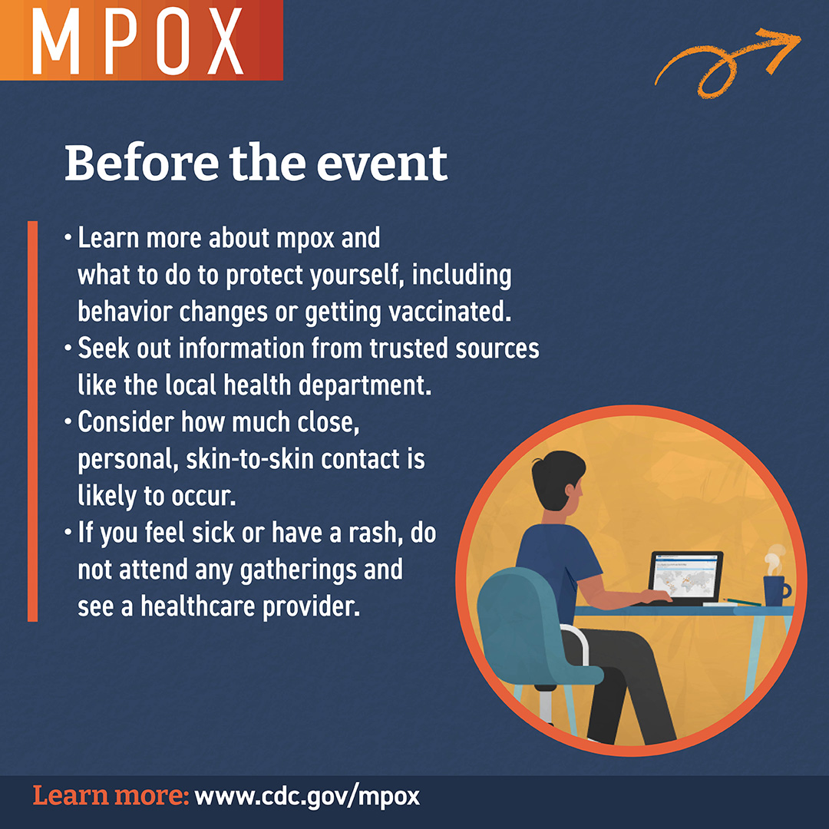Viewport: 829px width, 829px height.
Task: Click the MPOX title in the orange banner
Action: (x=138, y=40)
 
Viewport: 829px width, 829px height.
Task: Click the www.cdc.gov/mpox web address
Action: (x=307, y=796)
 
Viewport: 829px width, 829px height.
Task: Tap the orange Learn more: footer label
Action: (x=111, y=796)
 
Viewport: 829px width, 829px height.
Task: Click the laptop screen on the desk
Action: (x=685, y=576)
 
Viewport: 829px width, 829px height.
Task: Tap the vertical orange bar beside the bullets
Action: (x=32, y=421)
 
